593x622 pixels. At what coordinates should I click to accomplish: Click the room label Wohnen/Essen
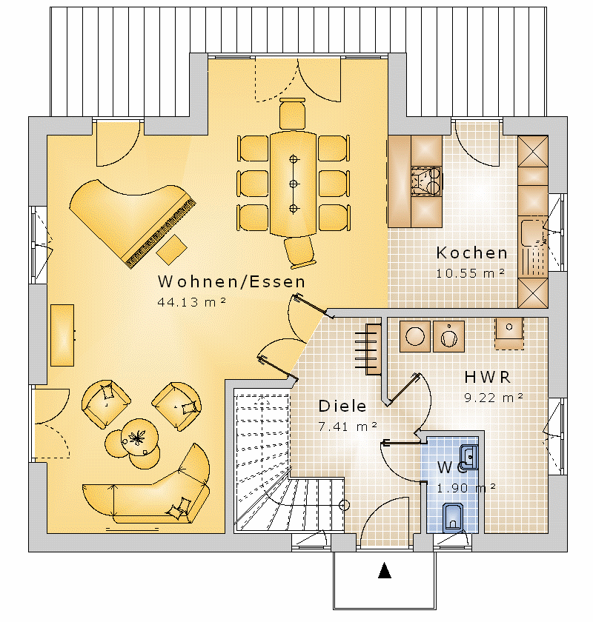[x=231, y=281]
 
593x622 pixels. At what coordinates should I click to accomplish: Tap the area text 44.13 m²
[x=192, y=302]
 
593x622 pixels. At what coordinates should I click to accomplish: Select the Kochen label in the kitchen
[x=472, y=253]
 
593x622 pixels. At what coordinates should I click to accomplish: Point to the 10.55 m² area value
[x=470, y=273]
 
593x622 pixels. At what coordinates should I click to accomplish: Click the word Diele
[x=342, y=406]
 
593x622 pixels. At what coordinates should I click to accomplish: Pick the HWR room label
[x=487, y=377]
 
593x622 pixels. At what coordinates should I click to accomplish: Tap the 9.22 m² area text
[x=494, y=398]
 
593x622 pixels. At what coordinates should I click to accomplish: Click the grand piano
[x=132, y=222]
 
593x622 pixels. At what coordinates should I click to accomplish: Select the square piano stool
[x=171, y=250]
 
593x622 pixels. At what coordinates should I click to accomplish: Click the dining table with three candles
[x=293, y=184]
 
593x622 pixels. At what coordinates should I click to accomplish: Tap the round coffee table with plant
[x=139, y=438]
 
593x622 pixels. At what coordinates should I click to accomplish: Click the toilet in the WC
[x=452, y=518]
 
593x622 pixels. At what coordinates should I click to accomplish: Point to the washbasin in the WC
[x=469, y=458]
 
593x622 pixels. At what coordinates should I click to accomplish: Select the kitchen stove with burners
[x=426, y=181]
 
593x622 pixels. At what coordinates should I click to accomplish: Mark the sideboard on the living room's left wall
[x=62, y=335]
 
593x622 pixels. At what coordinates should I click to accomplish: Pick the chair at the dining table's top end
[x=292, y=113]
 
